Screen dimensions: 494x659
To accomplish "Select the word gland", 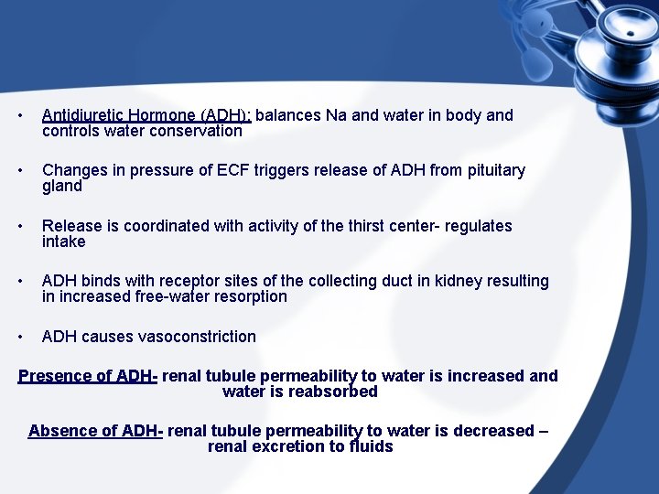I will tap(62, 187).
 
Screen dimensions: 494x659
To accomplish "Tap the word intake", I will tap(64, 242).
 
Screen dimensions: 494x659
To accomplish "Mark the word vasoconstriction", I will tap(197, 337).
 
